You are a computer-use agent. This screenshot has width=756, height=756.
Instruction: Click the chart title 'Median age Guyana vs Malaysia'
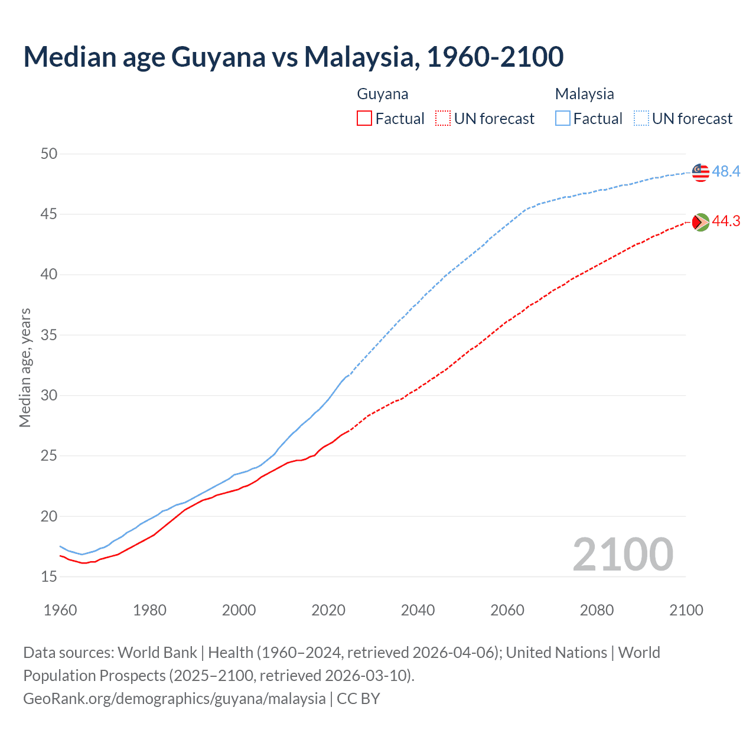pyautogui.click(x=293, y=57)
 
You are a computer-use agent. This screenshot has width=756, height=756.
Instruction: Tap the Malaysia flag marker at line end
pyautogui.click(x=700, y=172)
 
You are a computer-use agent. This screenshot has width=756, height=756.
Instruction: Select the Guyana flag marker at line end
pyautogui.click(x=700, y=222)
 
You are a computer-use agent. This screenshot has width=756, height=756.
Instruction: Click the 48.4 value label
pyautogui.click(x=726, y=172)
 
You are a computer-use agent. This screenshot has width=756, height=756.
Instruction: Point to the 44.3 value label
pyautogui.click(x=726, y=221)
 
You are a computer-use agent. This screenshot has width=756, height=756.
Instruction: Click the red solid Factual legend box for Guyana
pyautogui.click(x=364, y=119)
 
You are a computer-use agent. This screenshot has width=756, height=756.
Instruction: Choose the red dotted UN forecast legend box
pyautogui.click(x=443, y=119)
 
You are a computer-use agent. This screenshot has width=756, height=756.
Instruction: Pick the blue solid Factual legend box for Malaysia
pyautogui.click(x=563, y=119)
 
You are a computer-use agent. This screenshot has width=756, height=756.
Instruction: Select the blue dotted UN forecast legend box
pyautogui.click(x=641, y=119)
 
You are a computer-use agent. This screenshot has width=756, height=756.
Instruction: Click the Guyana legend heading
pyautogui.click(x=383, y=94)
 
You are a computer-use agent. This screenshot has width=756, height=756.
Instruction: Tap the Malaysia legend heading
pyautogui.click(x=584, y=94)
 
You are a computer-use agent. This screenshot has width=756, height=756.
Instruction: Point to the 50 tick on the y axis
pyautogui.click(x=49, y=154)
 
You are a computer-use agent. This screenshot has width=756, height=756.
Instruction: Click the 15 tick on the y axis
pyautogui.click(x=49, y=577)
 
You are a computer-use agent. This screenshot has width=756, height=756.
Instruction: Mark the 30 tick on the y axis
pyautogui.click(x=49, y=396)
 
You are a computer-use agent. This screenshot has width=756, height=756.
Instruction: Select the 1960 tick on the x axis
pyautogui.click(x=60, y=610)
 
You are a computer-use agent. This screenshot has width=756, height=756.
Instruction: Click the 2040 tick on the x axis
pyautogui.click(x=418, y=610)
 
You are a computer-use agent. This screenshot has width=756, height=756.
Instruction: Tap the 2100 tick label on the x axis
pyautogui.click(x=686, y=610)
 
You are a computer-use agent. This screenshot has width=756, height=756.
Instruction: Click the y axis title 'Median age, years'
pyautogui.click(x=25, y=367)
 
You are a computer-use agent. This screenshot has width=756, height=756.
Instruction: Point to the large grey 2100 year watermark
pyautogui.click(x=623, y=555)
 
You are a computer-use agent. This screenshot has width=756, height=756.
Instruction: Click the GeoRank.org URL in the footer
pyautogui.click(x=174, y=699)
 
